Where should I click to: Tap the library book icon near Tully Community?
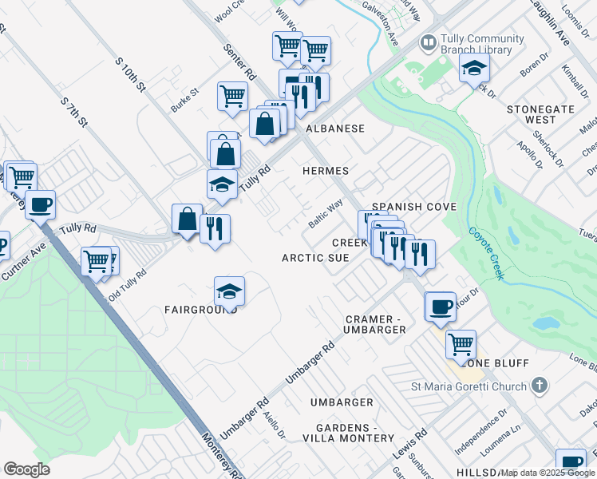tap(429, 42)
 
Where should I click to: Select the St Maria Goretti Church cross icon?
tap(540, 386)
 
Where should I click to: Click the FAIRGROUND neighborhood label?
tap(200, 309)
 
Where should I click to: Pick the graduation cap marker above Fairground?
tap(229, 291)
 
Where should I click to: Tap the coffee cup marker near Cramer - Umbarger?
tap(440, 307)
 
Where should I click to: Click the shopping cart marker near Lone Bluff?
tap(461, 345)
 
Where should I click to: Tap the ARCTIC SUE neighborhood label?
tap(315, 258)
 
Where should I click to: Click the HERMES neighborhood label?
tap(325, 171)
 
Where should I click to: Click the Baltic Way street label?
tap(325, 212)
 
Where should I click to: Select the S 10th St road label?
tap(129, 73)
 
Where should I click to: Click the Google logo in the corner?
tap(27, 469)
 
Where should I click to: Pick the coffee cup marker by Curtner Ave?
tap(40, 204)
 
